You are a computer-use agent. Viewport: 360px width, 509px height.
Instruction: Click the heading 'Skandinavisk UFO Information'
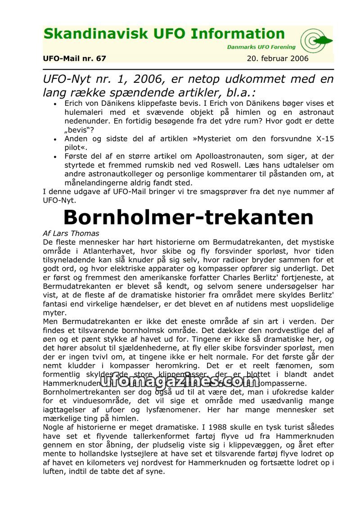point(164,34)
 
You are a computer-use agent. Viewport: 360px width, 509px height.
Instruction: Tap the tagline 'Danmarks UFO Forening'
point(261,47)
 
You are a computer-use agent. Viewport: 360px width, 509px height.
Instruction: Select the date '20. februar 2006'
point(278,59)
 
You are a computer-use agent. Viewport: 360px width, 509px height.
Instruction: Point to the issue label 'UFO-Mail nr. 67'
point(75,59)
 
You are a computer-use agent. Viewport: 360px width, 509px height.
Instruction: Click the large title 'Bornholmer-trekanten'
point(188,217)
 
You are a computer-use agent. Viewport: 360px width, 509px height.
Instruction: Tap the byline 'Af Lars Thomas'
point(71,234)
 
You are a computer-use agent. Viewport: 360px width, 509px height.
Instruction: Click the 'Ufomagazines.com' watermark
point(180,381)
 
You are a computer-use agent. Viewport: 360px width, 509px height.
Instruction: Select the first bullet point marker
point(55,104)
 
